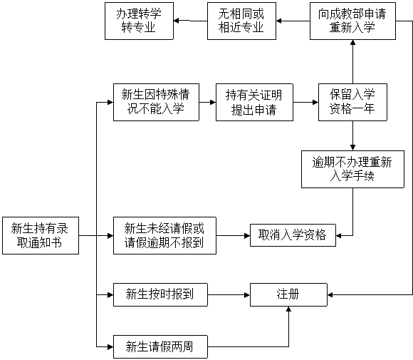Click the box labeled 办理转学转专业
(139, 21)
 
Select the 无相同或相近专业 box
(241, 21)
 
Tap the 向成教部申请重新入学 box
(352, 21)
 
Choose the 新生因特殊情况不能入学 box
(156, 103)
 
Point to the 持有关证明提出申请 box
(254, 103)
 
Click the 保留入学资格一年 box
(352, 103)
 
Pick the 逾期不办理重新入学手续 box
(352, 170)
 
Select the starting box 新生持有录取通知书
(41, 235)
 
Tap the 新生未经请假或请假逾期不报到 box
(164, 235)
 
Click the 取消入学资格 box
(293, 235)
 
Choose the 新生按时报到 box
(160, 294)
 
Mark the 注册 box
(288, 294)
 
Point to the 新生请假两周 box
(160, 346)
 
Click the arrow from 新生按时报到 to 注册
(229, 294)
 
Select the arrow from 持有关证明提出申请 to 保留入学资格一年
(305, 103)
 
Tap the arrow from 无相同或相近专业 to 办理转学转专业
(190, 21)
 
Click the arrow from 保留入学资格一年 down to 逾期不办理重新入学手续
(352, 136)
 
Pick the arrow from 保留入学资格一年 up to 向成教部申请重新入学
(352, 62)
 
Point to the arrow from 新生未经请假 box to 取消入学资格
(233, 235)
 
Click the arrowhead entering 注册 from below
(288, 309)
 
